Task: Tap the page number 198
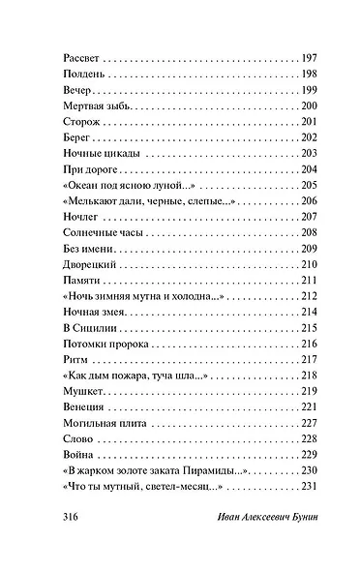click(310, 75)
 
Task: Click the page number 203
click(310, 154)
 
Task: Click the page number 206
click(310, 200)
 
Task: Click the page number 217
click(310, 358)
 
